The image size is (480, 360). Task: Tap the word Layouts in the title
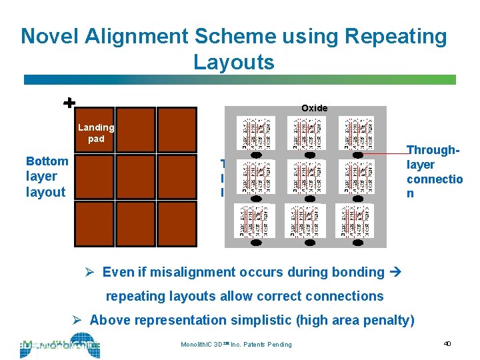[x=233, y=62]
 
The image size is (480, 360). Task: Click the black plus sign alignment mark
[x=68, y=103]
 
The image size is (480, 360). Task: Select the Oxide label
[x=314, y=108]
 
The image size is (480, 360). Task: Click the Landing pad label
[x=96, y=133]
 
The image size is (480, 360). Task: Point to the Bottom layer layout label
[x=46, y=176]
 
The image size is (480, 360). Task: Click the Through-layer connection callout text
[x=434, y=171]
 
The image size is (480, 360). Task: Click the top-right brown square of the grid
[x=179, y=127]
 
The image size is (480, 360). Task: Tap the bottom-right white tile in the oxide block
[x=357, y=221]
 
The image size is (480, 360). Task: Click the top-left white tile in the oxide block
[x=255, y=133]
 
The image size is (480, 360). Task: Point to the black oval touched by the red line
[x=358, y=155]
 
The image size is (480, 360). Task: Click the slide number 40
[x=447, y=343]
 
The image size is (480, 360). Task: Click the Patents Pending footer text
[x=271, y=344]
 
